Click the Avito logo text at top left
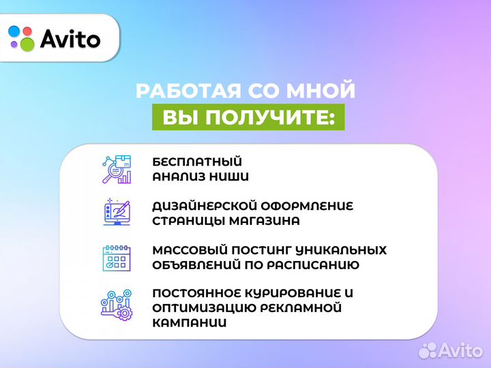(70, 39)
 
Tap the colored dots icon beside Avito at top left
(21, 39)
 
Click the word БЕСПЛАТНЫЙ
(197, 162)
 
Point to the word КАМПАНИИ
(189, 323)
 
